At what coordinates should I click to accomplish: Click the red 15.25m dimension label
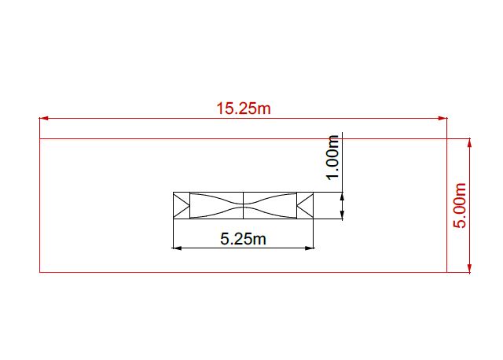[244, 108]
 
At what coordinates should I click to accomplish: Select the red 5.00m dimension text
[459, 205]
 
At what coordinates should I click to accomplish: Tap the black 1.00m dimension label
[332, 157]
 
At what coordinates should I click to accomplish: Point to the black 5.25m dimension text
[243, 239]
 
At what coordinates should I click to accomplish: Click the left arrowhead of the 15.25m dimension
[44, 118]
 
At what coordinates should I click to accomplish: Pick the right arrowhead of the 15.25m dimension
[442, 118]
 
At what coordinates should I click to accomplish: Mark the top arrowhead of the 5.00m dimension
[469, 143]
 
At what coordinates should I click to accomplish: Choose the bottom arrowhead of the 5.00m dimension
[469, 268]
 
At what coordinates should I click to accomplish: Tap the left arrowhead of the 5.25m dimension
[177, 248]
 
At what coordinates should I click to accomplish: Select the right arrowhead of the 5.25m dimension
[309, 248]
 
